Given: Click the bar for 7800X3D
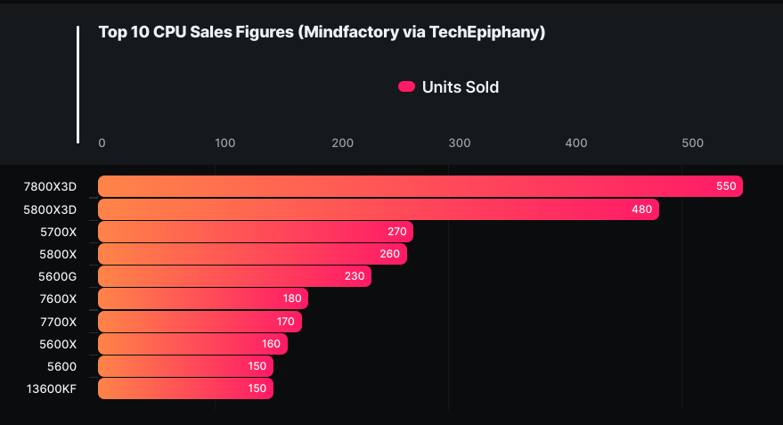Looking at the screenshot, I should (420, 186).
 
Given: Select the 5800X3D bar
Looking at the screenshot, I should (378, 209).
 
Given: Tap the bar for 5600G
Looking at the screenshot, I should (234, 276).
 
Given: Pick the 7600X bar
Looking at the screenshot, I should (202, 298).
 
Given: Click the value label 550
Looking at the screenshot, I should (726, 186).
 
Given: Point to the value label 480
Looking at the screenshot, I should (642, 209).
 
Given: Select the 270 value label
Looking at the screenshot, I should (397, 232).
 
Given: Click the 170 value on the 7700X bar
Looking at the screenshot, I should (286, 322).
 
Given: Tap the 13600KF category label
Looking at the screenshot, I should (51, 388).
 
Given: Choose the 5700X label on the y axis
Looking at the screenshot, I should (59, 232).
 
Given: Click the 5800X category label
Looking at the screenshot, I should (59, 254).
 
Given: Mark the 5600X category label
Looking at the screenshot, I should (59, 344).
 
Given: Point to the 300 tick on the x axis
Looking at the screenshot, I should (460, 143).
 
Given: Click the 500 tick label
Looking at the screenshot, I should (693, 143).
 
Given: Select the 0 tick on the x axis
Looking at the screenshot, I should (102, 143).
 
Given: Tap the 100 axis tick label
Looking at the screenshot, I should (225, 143).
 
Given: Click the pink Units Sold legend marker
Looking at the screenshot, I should (406, 86).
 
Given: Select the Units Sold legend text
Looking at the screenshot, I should (461, 86).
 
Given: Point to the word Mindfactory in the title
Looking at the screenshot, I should (348, 33).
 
